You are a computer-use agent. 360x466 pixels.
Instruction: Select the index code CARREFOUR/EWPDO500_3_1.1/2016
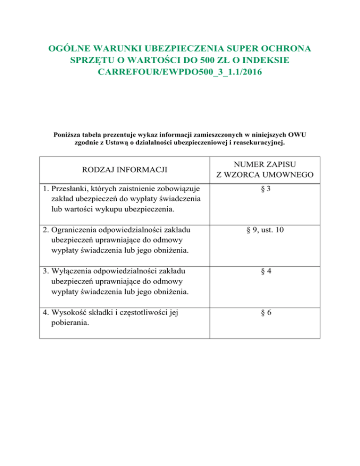coord(180,73)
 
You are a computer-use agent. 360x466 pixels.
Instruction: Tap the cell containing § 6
coord(265,311)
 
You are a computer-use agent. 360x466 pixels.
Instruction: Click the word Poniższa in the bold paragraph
coord(69,135)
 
